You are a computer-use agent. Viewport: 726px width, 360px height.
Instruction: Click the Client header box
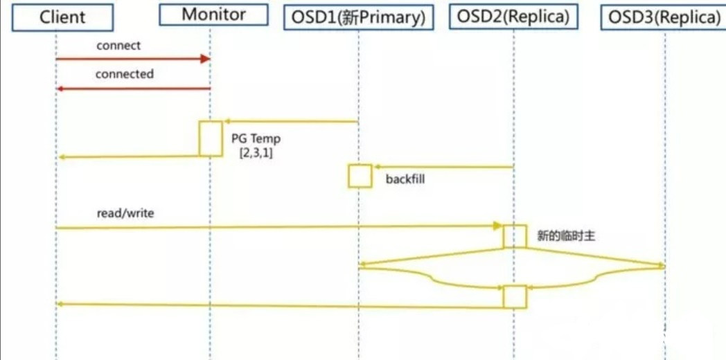[x=62, y=17]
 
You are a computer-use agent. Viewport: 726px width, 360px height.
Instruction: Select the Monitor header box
[x=214, y=15]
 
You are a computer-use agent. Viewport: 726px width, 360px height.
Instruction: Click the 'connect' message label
[x=118, y=46]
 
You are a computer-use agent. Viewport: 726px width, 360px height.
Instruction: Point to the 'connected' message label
[x=125, y=73]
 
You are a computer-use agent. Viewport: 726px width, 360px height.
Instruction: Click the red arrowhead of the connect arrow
[x=205, y=59]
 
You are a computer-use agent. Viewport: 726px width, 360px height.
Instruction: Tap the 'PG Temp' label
[x=256, y=139]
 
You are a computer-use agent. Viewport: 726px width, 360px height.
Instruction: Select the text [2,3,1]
[x=256, y=153]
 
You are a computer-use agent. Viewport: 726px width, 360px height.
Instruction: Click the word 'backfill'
[x=405, y=179]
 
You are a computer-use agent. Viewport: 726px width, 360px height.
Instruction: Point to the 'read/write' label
[x=125, y=213]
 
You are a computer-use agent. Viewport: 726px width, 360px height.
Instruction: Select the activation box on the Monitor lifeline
[x=210, y=138]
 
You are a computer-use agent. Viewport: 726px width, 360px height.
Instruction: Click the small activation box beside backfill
[x=360, y=176]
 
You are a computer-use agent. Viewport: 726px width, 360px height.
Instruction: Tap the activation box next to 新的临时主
[x=515, y=236]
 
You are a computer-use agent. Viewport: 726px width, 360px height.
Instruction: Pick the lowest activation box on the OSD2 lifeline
[x=515, y=296]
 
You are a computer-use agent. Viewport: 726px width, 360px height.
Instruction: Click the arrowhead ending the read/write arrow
[x=497, y=226]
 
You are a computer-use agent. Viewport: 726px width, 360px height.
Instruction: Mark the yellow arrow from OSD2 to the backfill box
[x=443, y=167]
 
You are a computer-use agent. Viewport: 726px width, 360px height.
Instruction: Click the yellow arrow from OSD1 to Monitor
[x=291, y=122]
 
